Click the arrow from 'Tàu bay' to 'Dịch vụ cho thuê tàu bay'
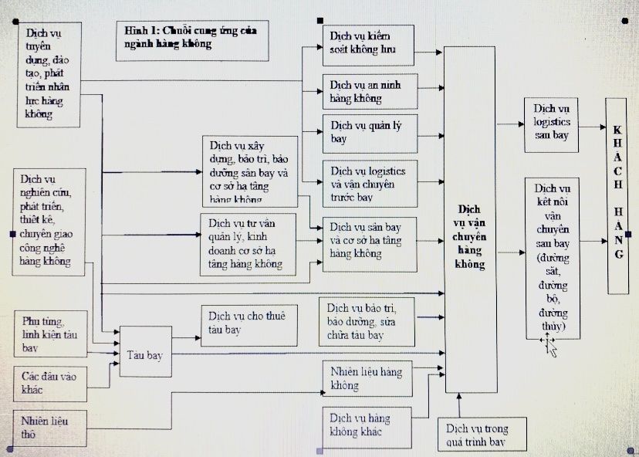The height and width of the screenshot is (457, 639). tap(186, 337)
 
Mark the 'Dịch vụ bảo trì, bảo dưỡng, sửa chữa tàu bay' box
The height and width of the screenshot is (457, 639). tap(370, 320)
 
